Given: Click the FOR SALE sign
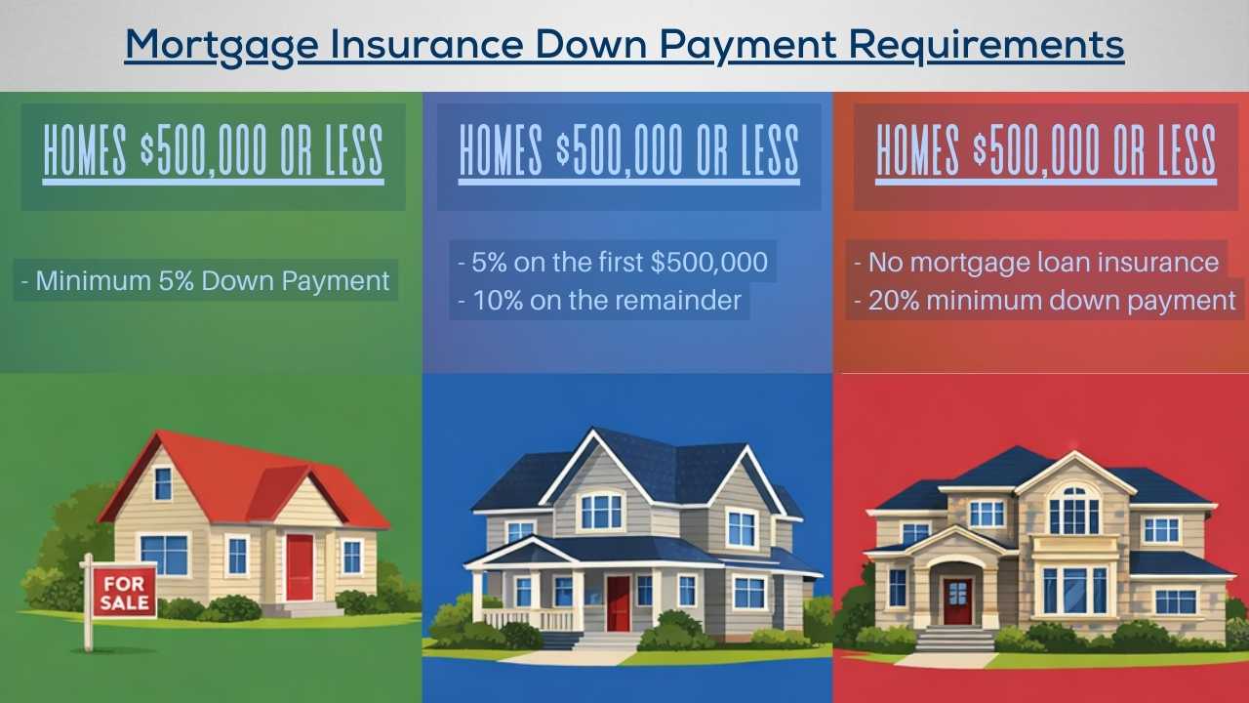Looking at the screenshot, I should (x=124, y=591).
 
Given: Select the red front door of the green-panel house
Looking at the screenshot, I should (x=300, y=566).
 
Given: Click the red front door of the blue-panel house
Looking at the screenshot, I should (x=618, y=602).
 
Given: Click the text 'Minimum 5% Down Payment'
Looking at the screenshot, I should (x=206, y=281).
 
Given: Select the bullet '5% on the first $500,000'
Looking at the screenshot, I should (x=613, y=263).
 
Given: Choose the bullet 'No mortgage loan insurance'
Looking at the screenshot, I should (x=1036, y=263).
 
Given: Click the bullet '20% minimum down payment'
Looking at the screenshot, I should (x=1045, y=300).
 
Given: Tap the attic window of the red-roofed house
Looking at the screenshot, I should (x=162, y=482).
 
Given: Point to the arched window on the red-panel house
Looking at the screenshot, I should (x=1073, y=508).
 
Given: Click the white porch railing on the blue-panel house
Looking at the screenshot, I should (x=528, y=619).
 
